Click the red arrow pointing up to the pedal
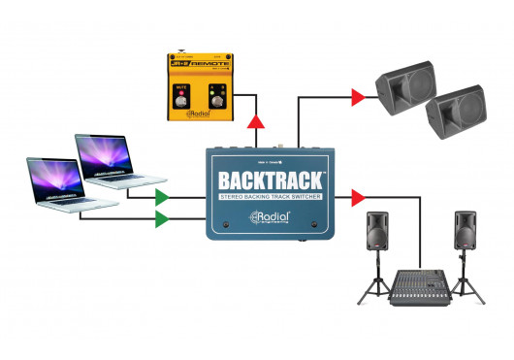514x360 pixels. pos(257,119)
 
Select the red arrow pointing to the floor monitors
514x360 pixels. pos(358,96)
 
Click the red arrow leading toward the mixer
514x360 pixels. pos(358,198)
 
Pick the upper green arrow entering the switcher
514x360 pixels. pos(161,197)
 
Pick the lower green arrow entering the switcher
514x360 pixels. pos(161,219)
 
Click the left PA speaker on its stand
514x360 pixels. pos(379,234)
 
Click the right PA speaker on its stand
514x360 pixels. pos(466,234)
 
